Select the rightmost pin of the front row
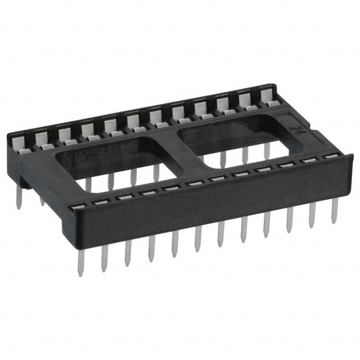335,211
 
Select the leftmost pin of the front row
80,264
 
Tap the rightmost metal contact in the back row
269,97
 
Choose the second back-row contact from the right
246,101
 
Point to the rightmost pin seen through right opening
267,151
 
